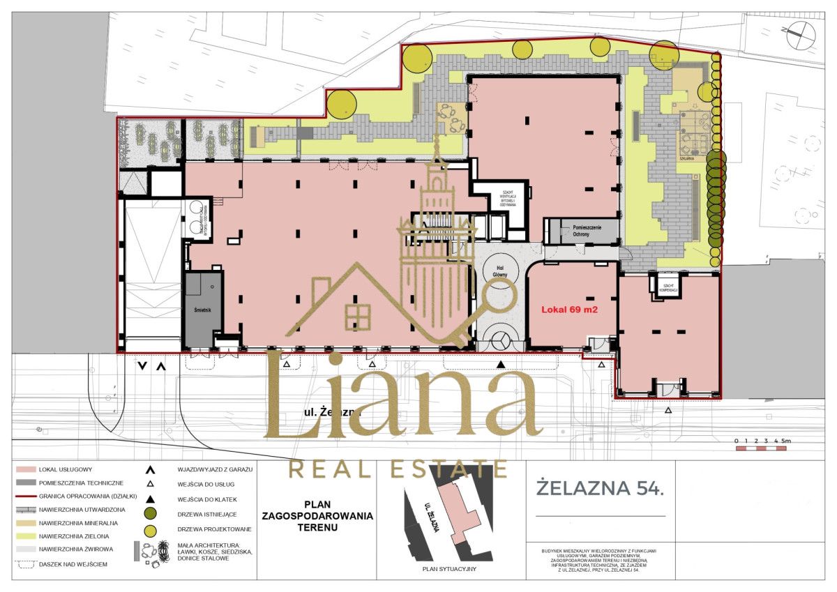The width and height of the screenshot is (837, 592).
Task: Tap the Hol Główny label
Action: click(499, 272)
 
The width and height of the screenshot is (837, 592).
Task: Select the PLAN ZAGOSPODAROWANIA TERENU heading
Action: click(317, 515)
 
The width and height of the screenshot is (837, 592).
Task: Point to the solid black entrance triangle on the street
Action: click(500, 365)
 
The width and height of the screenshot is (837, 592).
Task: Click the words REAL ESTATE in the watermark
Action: click(398, 469)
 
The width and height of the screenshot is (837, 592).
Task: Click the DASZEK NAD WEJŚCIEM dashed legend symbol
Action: click(25, 563)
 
